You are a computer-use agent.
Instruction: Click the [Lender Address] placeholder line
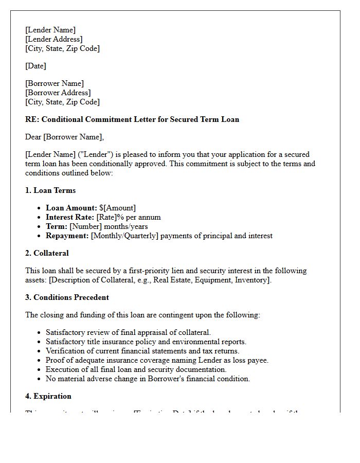tap(54, 39)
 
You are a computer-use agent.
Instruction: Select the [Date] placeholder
tap(35, 66)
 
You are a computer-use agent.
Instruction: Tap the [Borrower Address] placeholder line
tap(58, 93)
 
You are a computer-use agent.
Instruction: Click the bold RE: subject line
tap(132, 119)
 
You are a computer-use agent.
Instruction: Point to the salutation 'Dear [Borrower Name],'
tap(64, 137)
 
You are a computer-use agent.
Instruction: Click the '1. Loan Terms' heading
tap(50, 190)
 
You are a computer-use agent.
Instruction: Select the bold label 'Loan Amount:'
tap(71, 208)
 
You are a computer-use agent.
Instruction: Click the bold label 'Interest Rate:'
tap(70, 217)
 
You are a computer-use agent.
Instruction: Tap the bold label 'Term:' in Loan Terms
tap(57, 226)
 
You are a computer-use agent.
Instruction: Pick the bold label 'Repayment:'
tap(67, 236)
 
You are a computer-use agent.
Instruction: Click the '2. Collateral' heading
tap(47, 253)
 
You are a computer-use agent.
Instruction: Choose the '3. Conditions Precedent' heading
tap(67, 297)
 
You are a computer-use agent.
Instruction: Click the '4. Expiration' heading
tap(48, 396)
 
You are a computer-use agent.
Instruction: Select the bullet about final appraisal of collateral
tap(128, 332)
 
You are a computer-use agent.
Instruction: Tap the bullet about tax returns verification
tap(142, 351)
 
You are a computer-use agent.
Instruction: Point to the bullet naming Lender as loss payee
tap(157, 360)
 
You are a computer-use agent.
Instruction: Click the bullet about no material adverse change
tap(148, 379)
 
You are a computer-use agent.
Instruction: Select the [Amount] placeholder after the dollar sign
tap(119, 208)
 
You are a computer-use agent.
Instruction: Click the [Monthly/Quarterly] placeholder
tap(125, 236)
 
